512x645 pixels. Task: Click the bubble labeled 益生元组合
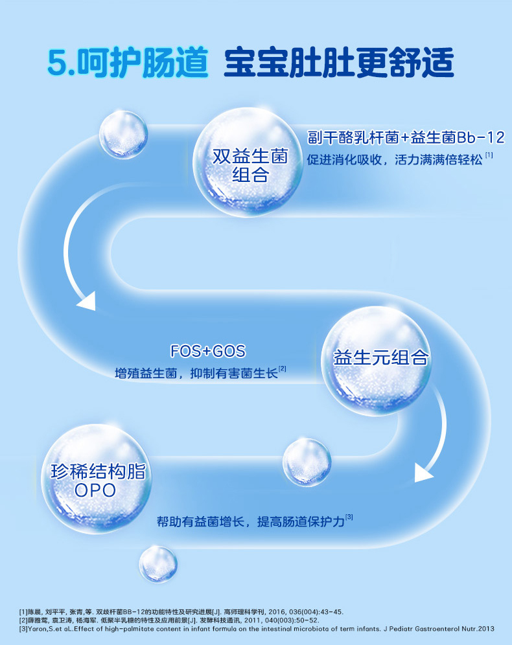click(x=380, y=358)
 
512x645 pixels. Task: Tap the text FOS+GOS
click(x=208, y=351)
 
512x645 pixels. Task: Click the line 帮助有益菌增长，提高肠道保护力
click(x=250, y=521)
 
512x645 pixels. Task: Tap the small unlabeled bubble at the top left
click(x=122, y=135)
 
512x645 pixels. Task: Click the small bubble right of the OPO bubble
click(x=307, y=461)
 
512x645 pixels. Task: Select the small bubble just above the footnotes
click(x=158, y=563)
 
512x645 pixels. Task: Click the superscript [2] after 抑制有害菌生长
click(x=283, y=369)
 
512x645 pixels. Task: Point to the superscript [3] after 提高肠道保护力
click(x=349, y=517)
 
